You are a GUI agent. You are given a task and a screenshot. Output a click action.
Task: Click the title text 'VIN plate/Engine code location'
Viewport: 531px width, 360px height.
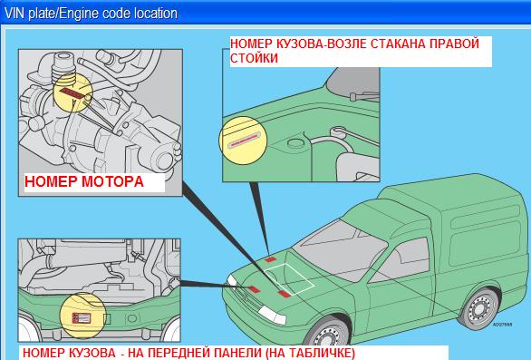pyautogui.click(x=91, y=14)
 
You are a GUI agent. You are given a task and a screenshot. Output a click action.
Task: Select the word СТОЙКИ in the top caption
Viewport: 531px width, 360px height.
pyautogui.click(x=254, y=58)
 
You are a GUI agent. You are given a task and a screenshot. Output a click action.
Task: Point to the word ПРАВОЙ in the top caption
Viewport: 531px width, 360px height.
pyautogui.click(x=455, y=44)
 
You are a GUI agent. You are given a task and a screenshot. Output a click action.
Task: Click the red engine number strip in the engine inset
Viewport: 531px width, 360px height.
pyautogui.click(x=72, y=93)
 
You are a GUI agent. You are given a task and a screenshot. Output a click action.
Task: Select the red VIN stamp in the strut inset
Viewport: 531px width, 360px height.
pyautogui.click(x=244, y=140)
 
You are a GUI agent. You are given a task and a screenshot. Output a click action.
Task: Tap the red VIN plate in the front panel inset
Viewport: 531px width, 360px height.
pyautogui.click(x=82, y=318)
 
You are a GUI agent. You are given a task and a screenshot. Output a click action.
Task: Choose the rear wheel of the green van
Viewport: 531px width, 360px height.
pyautogui.click(x=480, y=309)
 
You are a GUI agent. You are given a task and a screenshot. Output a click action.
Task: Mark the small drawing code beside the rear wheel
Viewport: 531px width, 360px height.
pyautogui.click(x=502, y=325)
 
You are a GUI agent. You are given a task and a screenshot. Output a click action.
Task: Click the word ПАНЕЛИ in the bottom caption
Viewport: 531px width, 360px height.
pyautogui.click(x=230, y=354)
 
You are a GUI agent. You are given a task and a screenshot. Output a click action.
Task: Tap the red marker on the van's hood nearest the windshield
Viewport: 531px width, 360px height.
pyautogui.click(x=270, y=259)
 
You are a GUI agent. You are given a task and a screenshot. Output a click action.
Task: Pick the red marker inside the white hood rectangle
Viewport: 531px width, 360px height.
pyautogui.click(x=284, y=294)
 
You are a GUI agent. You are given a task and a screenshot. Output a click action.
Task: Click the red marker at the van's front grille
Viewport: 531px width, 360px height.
pyautogui.click(x=254, y=289)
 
